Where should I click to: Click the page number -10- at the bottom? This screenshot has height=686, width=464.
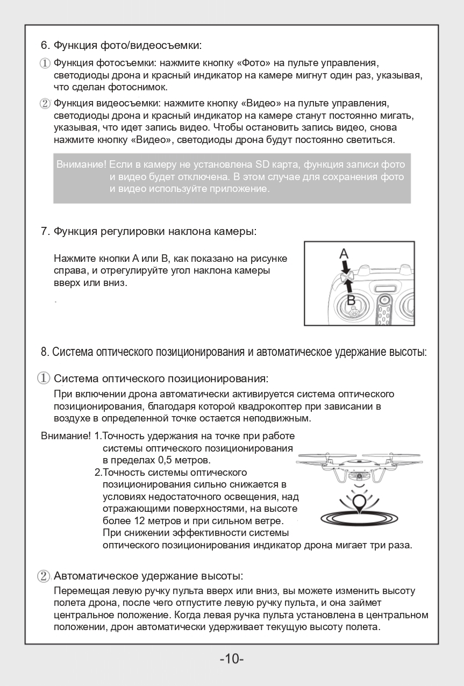232,659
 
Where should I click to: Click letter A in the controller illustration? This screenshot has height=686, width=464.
344,253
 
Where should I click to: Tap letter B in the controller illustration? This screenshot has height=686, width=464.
351,300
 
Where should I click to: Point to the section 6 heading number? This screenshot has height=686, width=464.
45,45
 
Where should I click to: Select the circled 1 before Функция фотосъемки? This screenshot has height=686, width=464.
45,63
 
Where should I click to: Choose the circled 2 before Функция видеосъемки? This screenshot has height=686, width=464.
45,103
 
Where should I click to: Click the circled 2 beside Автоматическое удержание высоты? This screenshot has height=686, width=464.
44,576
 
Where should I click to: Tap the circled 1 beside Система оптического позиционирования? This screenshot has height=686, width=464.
44,378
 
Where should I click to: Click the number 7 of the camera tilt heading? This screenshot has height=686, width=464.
45,232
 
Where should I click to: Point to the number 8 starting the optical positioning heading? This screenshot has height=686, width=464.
45,353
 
